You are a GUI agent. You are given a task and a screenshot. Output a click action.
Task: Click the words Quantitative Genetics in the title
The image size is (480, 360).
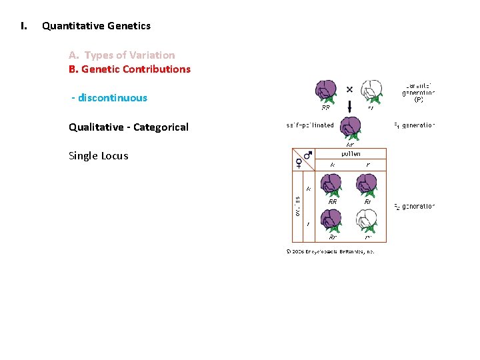96,26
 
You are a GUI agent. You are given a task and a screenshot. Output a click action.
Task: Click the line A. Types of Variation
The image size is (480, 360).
122,55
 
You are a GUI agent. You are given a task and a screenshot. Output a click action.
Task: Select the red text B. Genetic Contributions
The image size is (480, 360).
129,69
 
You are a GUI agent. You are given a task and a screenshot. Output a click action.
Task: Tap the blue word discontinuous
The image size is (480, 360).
113,98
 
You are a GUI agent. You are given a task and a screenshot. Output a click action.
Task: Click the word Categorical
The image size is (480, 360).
161,127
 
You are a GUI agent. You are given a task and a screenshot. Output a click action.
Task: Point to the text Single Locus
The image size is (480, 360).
99,156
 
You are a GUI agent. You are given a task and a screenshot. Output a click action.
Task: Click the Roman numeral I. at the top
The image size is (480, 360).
24,26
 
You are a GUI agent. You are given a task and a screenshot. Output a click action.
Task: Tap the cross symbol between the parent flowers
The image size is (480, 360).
349,89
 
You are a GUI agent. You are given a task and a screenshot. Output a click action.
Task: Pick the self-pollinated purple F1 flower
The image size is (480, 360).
349,127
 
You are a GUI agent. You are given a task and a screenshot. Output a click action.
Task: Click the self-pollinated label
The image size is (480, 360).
310,125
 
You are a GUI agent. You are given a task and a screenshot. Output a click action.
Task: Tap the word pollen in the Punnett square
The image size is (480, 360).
351,153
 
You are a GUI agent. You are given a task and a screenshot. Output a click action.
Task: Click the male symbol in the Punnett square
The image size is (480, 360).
307,155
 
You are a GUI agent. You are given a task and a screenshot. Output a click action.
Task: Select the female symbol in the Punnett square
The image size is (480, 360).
299,162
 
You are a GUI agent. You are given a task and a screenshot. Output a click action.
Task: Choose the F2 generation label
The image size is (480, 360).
414,207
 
